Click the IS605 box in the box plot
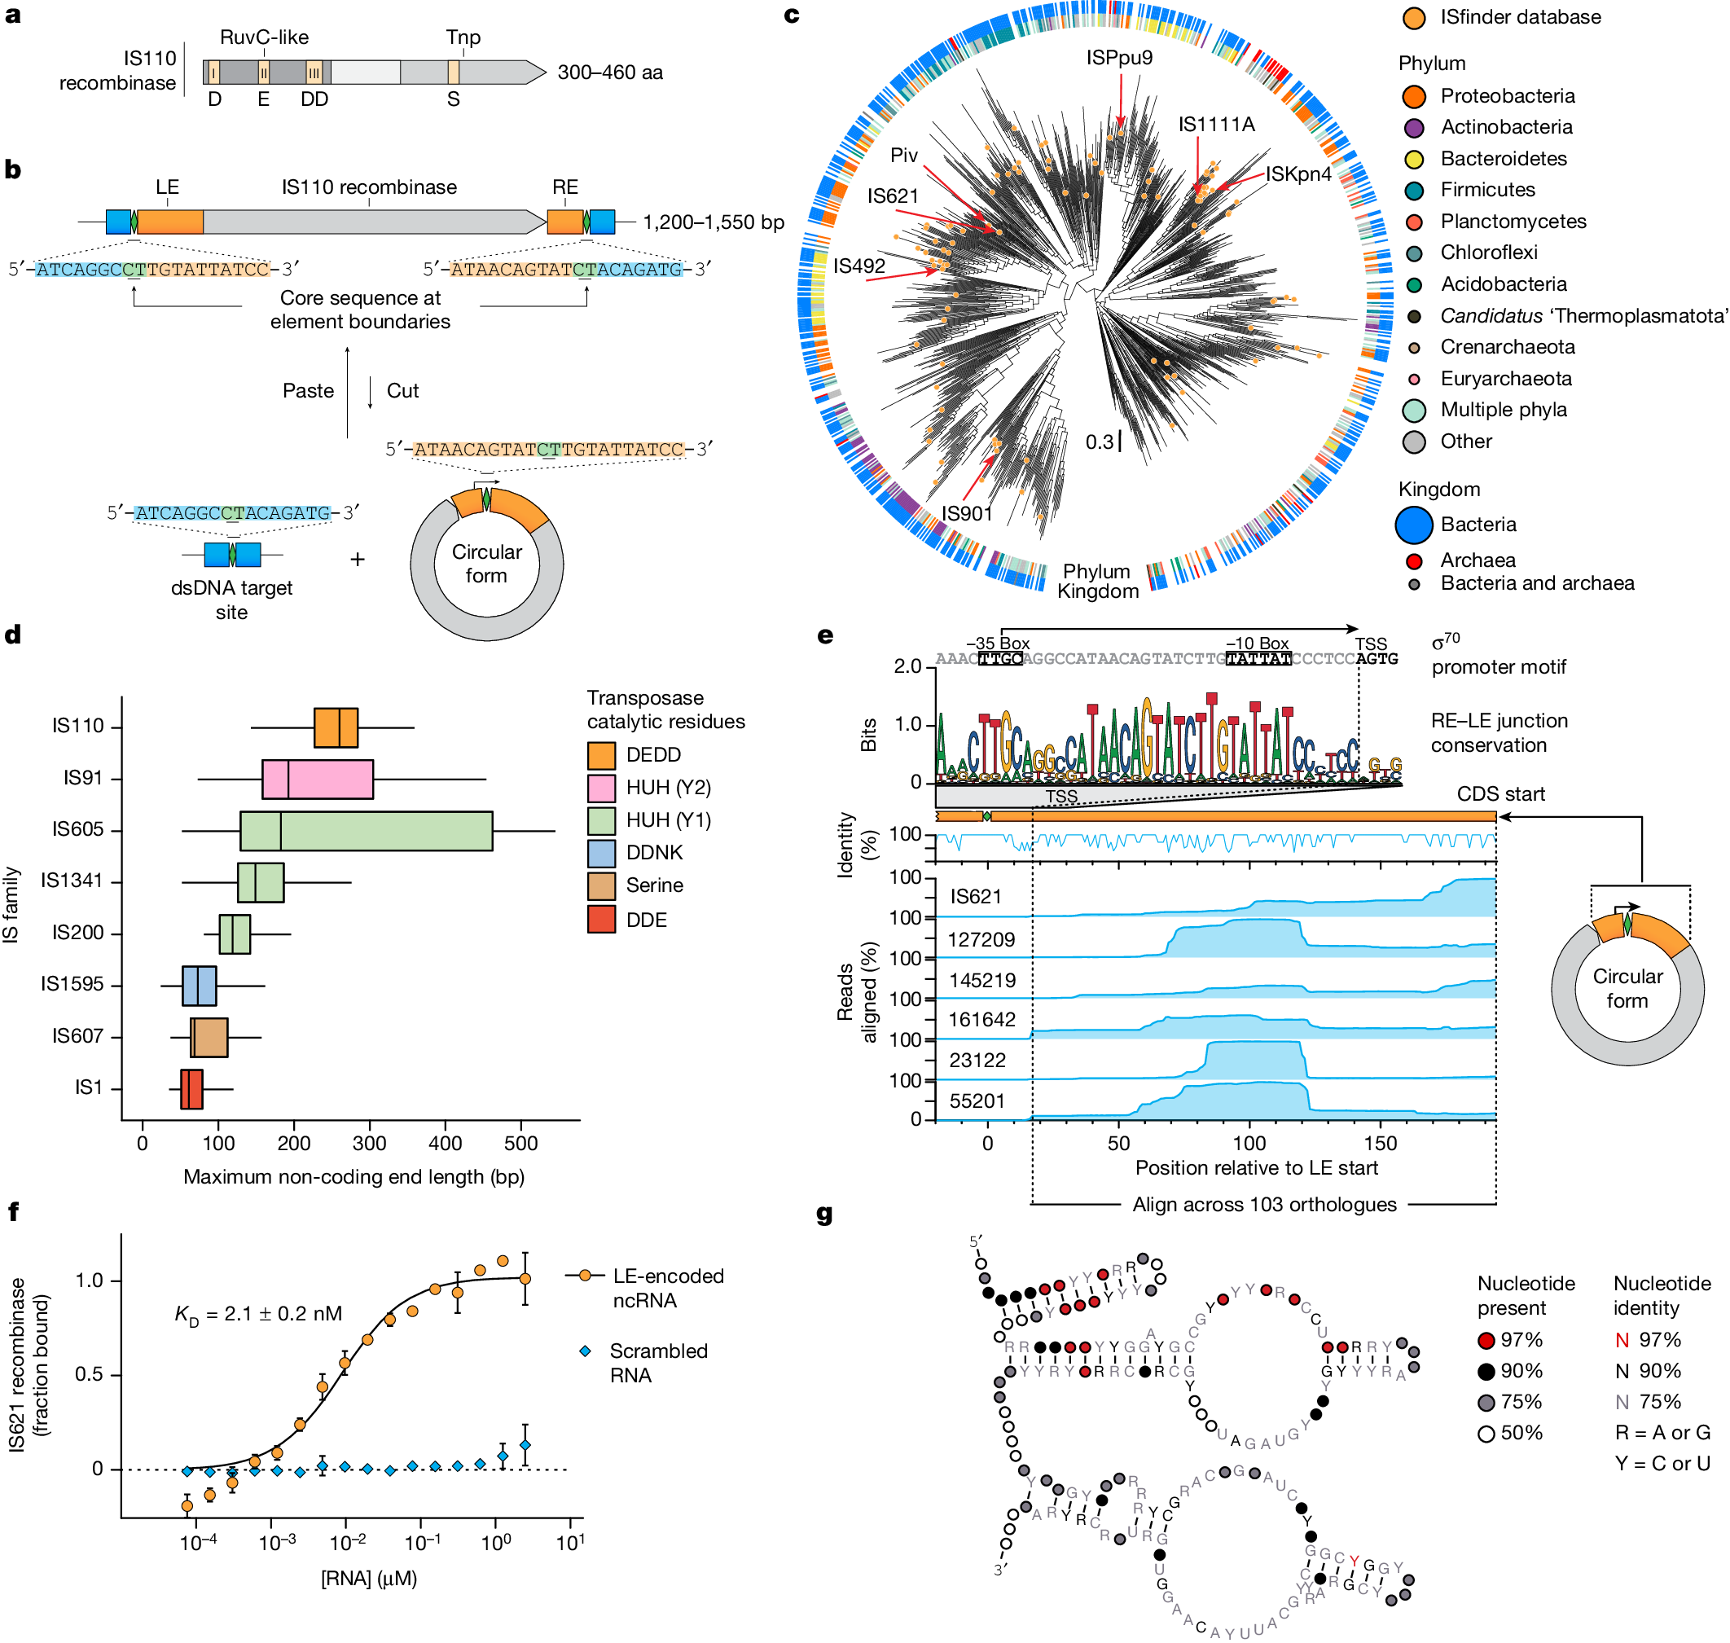click(366, 830)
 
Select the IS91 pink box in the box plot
click(318, 779)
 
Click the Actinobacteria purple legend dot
click(1413, 128)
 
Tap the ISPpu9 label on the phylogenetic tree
click(1119, 58)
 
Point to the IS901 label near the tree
click(967, 513)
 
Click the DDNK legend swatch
click(600, 853)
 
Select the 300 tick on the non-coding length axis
click(370, 1143)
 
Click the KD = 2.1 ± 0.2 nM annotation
click(258, 1314)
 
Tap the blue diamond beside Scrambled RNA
click(585, 1351)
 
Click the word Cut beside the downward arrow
click(402, 391)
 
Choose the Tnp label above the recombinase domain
click(463, 37)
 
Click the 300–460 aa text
click(610, 72)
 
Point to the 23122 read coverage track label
click(977, 1061)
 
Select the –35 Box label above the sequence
click(997, 644)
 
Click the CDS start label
click(1500, 794)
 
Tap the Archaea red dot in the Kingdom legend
click(1413, 561)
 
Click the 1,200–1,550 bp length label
click(714, 222)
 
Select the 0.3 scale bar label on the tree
click(1099, 442)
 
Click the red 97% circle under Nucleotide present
click(1486, 1341)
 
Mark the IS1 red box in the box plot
click(191, 1088)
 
